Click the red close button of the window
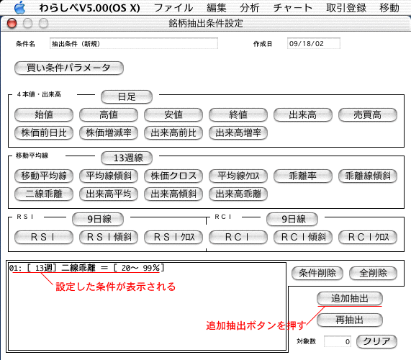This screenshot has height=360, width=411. click(12, 24)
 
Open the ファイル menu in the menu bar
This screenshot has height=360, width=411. click(173, 8)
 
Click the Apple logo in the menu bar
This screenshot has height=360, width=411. click(19, 7)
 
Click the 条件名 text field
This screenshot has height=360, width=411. click(134, 43)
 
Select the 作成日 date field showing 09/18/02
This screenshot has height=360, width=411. click(314, 43)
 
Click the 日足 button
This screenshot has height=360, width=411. click(127, 96)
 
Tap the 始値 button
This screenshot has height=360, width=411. click(44, 115)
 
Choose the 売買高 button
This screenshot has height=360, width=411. click(368, 115)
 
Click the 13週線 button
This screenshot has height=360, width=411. click(127, 158)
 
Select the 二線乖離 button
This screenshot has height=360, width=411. click(44, 194)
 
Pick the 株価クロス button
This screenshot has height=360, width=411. click(173, 176)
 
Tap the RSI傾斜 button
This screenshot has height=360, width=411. click(109, 238)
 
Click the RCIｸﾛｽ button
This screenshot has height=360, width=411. click(368, 238)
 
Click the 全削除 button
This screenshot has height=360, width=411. click(373, 273)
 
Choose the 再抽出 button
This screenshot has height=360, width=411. click(350, 320)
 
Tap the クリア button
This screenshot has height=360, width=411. click(376, 342)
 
